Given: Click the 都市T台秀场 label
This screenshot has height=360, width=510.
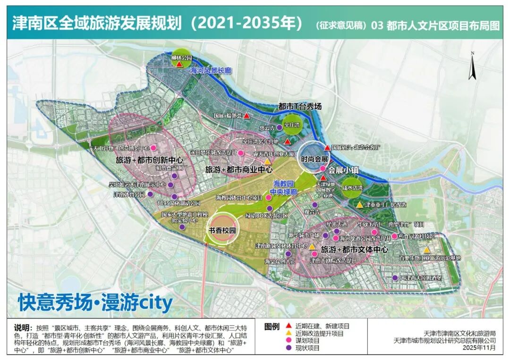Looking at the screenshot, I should click(300, 107).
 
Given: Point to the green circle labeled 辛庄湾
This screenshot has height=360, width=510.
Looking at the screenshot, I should click(291, 125).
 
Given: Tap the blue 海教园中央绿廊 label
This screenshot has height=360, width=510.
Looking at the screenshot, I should click(283, 188).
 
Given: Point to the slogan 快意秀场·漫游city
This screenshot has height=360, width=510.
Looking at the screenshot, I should click(95, 302).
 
